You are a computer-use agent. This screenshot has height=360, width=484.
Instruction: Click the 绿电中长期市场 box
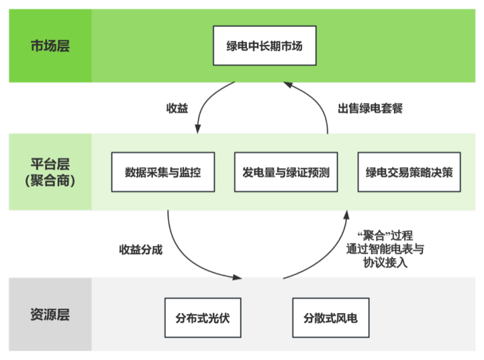pyautogui.click(x=264, y=46)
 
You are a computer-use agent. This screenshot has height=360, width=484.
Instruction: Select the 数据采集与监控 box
pyautogui.click(x=162, y=172)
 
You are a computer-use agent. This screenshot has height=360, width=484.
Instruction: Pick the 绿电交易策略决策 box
pyautogui.click(x=409, y=172)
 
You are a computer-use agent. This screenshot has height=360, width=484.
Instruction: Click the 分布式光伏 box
pyautogui.click(x=202, y=317)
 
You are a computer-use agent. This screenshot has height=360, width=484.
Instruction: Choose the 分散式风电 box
pyautogui.click(x=330, y=317)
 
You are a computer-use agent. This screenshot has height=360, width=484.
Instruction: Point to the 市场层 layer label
pyautogui.click(x=50, y=46)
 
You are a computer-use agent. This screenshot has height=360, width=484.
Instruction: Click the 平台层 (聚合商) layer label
pyautogui.click(x=50, y=172)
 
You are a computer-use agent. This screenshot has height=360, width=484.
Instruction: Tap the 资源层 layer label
pyautogui.click(x=50, y=314)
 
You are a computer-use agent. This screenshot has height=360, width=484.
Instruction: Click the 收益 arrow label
pyautogui.click(x=177, y=108)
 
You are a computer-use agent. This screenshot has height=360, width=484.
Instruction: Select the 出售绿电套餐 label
pyautogui.click(x=370, y=108)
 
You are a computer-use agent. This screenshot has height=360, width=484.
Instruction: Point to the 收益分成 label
pyautogui.click(x=141, y=249)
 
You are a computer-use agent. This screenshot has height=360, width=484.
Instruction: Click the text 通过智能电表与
pyautogui.click(x=384, y=249)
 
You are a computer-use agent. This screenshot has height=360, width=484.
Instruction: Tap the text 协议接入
pyautogui.click(x=384, y=262)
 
